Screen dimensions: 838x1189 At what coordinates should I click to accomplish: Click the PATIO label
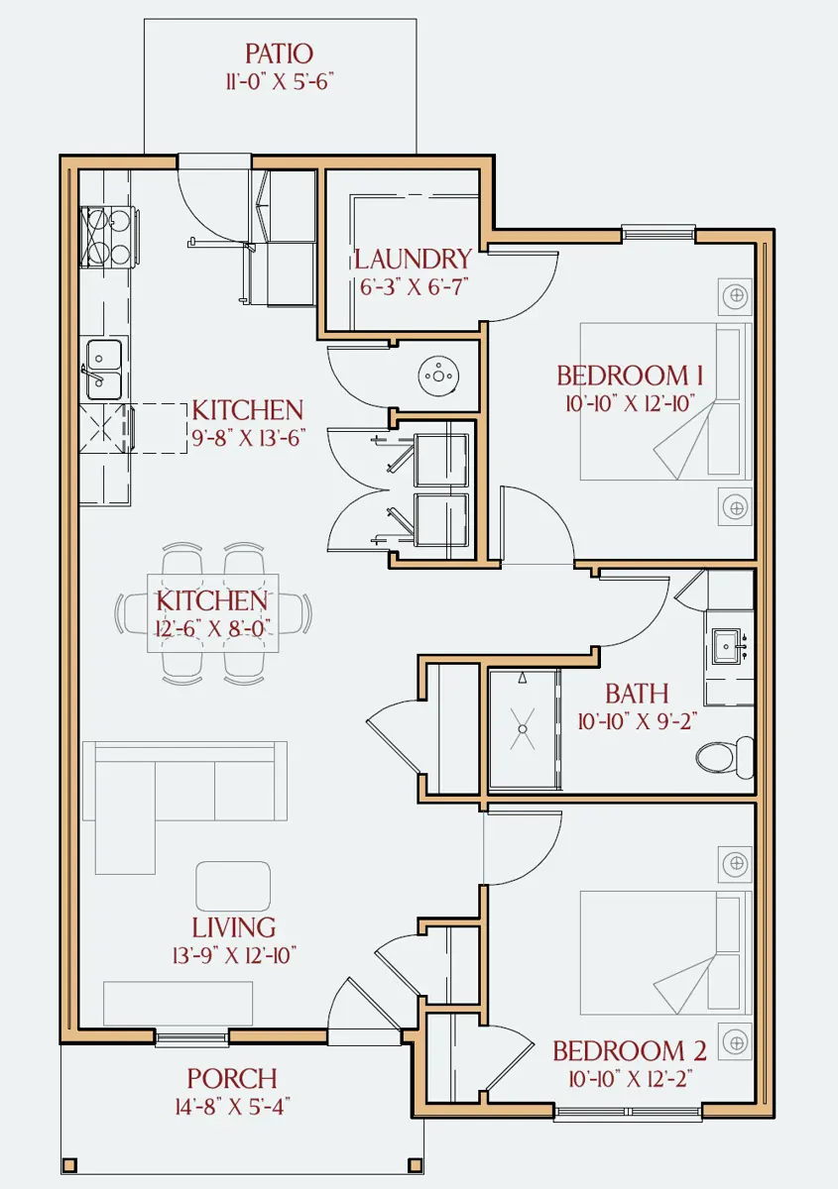coord(279,54)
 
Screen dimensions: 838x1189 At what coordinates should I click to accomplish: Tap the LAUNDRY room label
coord(413,259)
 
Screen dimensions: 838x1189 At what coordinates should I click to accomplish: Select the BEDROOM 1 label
coord(630,376)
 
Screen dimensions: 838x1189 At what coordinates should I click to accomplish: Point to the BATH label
coord(637,694)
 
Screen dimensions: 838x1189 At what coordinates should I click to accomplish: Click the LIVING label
coord(234,927)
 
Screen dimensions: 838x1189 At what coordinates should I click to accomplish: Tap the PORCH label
coord(232,1078)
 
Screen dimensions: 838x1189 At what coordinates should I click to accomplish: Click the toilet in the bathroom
coord(725,757)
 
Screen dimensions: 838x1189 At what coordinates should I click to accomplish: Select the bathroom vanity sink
coord(727,646)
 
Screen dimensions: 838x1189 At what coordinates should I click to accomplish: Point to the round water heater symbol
coord(438,376)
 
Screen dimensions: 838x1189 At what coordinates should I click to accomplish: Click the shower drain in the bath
coord(523,729)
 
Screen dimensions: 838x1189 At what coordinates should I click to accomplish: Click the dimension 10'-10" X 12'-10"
coord(630,403)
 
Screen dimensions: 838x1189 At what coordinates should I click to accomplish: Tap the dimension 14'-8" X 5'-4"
coord(232,1107)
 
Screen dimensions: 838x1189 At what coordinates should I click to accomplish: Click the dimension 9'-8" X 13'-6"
coord(248,438)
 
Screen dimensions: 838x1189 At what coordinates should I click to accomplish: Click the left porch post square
coord(69,1165)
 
